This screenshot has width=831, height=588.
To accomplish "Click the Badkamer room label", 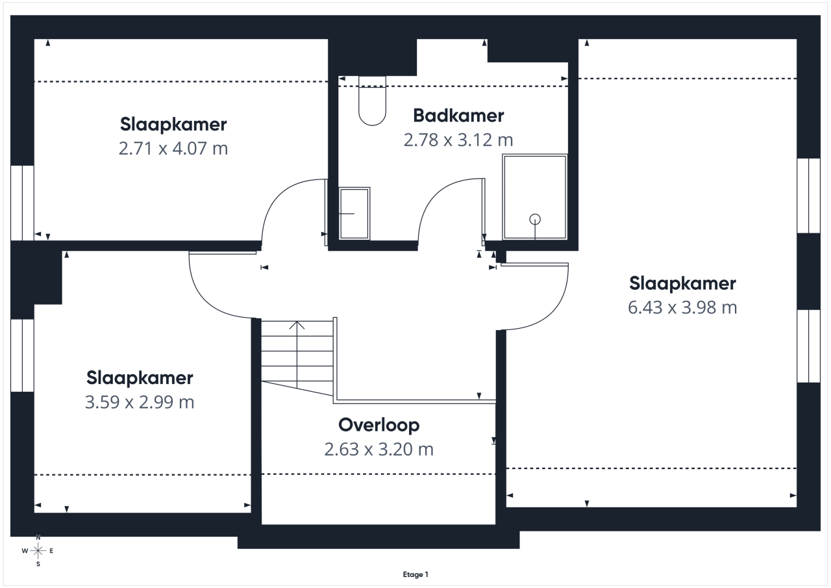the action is click(x=458, y=116).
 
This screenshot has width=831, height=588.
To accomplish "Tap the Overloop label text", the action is click(x=378, y=426).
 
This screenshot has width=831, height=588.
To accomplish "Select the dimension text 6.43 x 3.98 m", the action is click(x=682, y=308).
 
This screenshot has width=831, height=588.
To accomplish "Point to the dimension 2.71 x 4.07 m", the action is click(x=173, y=149).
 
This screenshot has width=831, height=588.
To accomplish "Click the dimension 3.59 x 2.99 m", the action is click(x=140, y=402).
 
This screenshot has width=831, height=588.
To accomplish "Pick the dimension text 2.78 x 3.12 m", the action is click(x=458, y=140).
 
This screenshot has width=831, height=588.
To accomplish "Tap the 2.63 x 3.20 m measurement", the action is click(x=378, y=449).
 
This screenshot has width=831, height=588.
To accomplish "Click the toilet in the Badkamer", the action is click(x=372, y=101).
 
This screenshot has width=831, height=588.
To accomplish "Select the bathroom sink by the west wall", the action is click(x=354, y=214).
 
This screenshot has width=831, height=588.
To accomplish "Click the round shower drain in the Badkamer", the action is click(x=535, y=220).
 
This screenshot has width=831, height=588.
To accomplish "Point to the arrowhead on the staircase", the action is click(x=297, y=325).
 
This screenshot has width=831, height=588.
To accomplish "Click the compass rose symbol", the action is click(x=38, y=551).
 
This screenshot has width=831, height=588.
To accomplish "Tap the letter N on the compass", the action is click(x=38, y=537).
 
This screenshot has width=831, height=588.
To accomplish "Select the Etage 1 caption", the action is click(x=415, y=574).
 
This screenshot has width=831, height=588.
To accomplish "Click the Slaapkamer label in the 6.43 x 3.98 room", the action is click(x=682, y=284).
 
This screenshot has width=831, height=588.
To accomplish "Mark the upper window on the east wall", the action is click(x=809, y=196).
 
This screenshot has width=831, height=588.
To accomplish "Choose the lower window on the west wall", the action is click(x=22, y=355).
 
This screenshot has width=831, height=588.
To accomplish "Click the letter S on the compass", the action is click(x=38, y=564).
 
